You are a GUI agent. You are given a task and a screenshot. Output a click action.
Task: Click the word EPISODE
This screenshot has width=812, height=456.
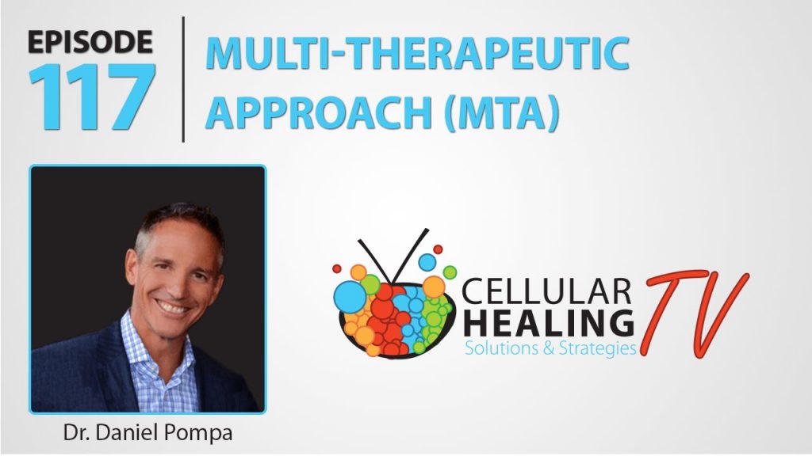click(90, 42)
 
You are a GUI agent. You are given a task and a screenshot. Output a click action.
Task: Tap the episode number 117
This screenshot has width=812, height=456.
click(92, 96)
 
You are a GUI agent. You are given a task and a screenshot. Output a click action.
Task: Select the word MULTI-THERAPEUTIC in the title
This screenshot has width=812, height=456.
click(417, 53)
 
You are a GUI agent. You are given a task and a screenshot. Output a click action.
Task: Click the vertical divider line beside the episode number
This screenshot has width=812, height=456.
click(183, 79)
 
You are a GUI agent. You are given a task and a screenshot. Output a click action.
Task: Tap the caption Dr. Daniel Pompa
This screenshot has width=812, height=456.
click(147, 433)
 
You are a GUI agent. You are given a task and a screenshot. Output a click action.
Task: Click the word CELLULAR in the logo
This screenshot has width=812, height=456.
click(546, 291)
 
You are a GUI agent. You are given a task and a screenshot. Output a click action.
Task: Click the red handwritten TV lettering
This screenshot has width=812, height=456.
click(695, 312)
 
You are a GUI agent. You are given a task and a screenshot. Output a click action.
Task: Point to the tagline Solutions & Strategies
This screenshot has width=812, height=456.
click(550, 348)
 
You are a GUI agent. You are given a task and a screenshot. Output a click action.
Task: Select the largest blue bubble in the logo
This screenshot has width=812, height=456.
click(350, 297)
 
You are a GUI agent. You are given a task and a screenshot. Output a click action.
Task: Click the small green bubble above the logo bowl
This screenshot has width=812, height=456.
click(450, 272)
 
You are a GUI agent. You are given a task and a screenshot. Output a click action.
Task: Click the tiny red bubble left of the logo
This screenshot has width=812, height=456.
click(336, 269)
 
